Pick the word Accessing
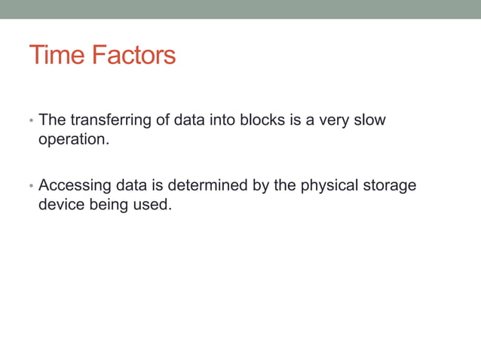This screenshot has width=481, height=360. tap(77, 185)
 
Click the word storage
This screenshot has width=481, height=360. tap(391, 185)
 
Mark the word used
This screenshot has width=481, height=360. tap(154, 203)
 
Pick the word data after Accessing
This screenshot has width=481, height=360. tap(136, 185)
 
